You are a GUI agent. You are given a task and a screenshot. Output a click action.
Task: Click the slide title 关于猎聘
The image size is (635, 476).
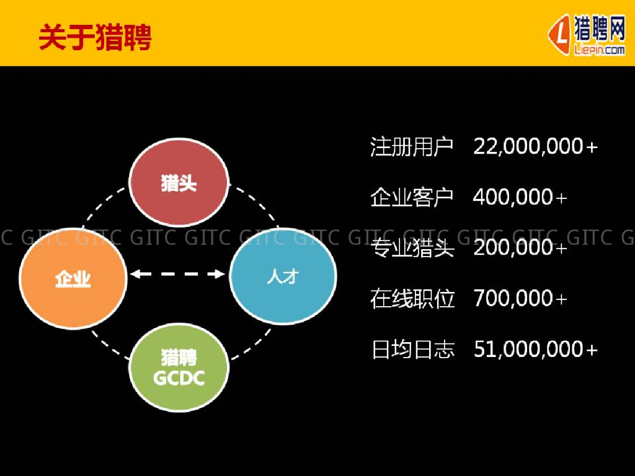[95, 38]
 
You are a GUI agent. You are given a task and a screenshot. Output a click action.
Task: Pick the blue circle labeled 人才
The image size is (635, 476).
[283, 276]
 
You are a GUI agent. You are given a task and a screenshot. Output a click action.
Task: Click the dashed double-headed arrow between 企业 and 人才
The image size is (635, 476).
[178, 273]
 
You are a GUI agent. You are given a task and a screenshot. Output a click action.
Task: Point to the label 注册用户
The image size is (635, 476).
[412, 147]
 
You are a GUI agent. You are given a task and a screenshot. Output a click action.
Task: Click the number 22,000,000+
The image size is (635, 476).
[535, 147]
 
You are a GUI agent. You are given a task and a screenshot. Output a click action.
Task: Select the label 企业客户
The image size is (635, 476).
[412, 198]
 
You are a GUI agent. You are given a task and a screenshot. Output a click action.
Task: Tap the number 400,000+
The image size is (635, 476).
[520, 198]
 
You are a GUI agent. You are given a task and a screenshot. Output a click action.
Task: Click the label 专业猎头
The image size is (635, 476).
[412, 249]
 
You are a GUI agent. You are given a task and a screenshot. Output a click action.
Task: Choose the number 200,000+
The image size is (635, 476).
[520, 249]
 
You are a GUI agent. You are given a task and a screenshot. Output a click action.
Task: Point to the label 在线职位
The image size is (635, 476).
[412, 299]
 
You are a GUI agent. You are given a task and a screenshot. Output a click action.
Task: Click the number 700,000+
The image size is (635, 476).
[520, 299]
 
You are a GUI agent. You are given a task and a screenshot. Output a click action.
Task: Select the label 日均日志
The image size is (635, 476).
[412, 350]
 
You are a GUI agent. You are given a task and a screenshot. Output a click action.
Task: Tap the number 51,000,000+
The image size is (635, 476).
[535, 350]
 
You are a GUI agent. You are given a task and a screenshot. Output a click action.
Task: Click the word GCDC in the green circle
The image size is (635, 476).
[179, 378]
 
